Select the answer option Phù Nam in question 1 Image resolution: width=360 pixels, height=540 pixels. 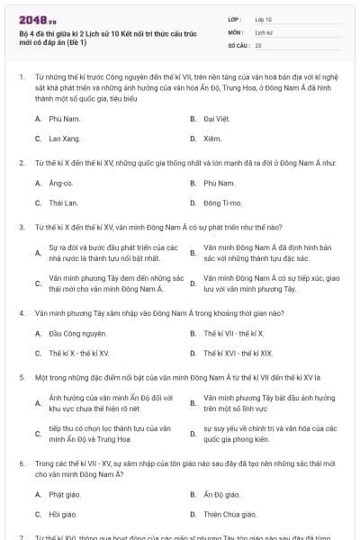pos(65,119)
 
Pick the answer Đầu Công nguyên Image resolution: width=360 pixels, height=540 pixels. pos(71,333)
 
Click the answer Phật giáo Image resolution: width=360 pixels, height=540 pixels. pos(64,494)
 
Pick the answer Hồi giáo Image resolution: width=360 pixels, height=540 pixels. pos(62,514)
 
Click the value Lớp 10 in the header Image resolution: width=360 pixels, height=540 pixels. pos(264,18)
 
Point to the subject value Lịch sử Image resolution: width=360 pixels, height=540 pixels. pos(264,31)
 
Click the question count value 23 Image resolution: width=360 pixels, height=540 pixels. pos(258,44)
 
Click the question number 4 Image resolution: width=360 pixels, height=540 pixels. pos(22,313)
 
